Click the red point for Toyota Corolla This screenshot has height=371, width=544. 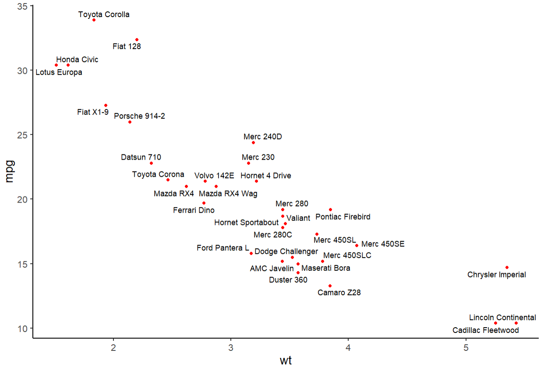pos(94,20)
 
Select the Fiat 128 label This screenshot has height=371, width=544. pos(127,46)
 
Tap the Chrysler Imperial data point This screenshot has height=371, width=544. pos(507,267)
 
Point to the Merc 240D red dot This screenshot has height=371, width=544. pos(253,143)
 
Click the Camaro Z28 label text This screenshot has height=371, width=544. pos(339,293)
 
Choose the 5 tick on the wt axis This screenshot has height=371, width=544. pos(466,348)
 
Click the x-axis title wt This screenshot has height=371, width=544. pos(286,361)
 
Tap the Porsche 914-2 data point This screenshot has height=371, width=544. pos(130,122)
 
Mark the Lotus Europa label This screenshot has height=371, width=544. pos(59,73)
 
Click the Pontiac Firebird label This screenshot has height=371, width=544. pos(343,217)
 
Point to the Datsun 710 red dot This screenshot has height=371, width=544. pos(151,163)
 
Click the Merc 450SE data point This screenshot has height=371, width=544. pos(357,245)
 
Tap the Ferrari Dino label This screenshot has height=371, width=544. pos(194,210)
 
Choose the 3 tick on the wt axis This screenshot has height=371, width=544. pos(231,348)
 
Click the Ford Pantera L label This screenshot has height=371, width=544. pos(223,248)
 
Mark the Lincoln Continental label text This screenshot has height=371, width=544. pos(502,318)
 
